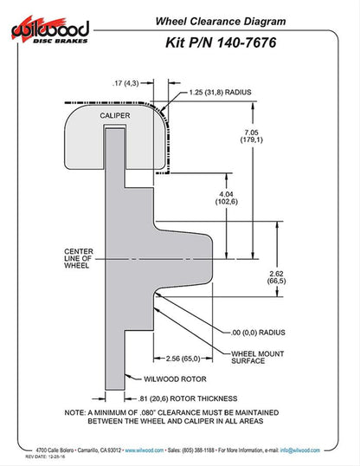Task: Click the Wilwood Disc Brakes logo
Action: pyautogui.click(x=50, y=30)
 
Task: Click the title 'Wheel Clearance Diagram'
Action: pyautogui.click(x=221, y=22)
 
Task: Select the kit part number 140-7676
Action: pyautogui.click(x=247, y=42)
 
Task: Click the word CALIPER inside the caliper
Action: pyautogui.click(x=115, y=115)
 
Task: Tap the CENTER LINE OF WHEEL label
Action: pyautogui.click(x=79, y=259)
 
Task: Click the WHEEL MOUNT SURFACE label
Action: pyautogui.click(x=258, y=358)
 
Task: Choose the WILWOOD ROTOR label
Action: pyautogui.click(x=175, y=379)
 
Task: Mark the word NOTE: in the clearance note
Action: pyautogui.click(x=74, y=413)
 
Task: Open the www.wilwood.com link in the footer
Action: pyautogui.click(x=144, y=450)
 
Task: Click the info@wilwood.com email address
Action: pyautogui.click(x=300, y=450)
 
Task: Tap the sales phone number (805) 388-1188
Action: pyautogui.click(x=198, y=450)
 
